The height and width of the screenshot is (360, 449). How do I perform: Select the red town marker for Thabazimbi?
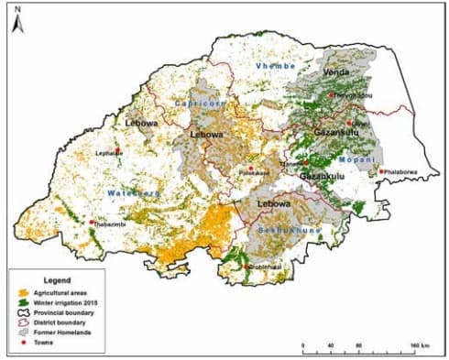tap(92, 221)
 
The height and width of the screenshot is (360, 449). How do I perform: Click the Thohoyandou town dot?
tap(332, 94)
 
